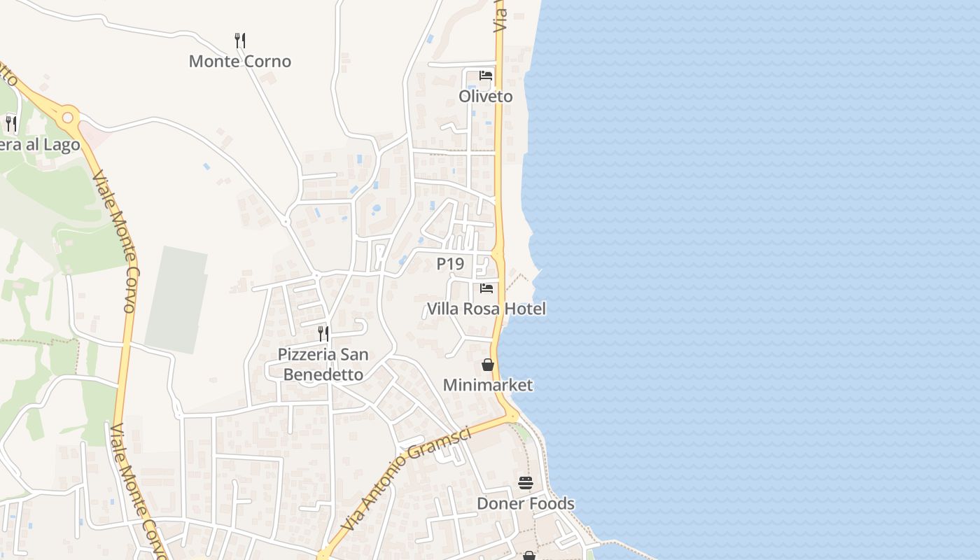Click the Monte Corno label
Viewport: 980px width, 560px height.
tap(240, 62)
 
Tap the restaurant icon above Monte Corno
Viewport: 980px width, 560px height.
tap(240, 40)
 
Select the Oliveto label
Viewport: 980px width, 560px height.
tap(486, 97)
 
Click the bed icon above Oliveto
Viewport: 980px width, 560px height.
tap(486, 76)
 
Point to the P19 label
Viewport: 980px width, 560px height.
tap(450, 264)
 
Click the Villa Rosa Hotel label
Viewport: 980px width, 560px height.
tap(486, 309)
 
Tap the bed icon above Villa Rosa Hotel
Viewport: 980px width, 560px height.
tap(486, 288)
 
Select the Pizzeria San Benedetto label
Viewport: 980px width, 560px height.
tap(323, 364)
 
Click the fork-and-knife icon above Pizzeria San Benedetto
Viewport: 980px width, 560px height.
tap(323, 333)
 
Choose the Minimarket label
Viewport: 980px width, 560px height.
tap(488, 385)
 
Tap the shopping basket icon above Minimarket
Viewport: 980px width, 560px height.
tap(488, 365)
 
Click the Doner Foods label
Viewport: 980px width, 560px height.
tap(526, 503)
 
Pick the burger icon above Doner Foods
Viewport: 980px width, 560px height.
tap(526, 482)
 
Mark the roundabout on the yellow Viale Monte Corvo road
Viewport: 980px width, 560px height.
tap(68, 118)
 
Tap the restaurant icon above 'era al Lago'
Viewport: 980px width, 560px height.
tap(10, 124)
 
